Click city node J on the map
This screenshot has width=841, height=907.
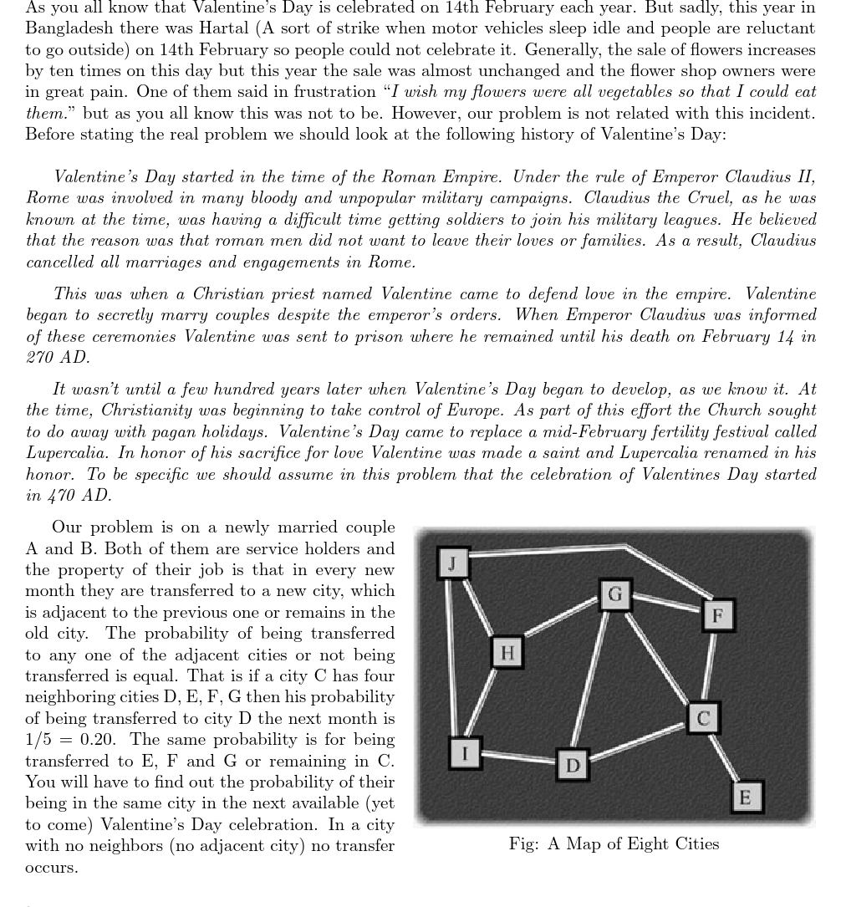coord(452,563)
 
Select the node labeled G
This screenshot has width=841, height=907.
coord(615,594)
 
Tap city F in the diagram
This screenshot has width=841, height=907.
coord(717,616)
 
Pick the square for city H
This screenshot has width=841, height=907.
coord(507,651)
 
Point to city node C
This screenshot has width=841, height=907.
coord(702,718)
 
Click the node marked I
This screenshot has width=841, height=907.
coord(465,752)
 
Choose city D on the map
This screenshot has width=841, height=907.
coord(573,765)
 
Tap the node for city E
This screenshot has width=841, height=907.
coord(746,796)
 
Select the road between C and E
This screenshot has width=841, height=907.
coord(724,757)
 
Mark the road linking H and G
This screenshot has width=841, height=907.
coord(560,623)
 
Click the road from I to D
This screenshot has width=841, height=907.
coord(518,758)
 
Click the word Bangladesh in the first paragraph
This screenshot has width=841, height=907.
coord(68,28)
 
